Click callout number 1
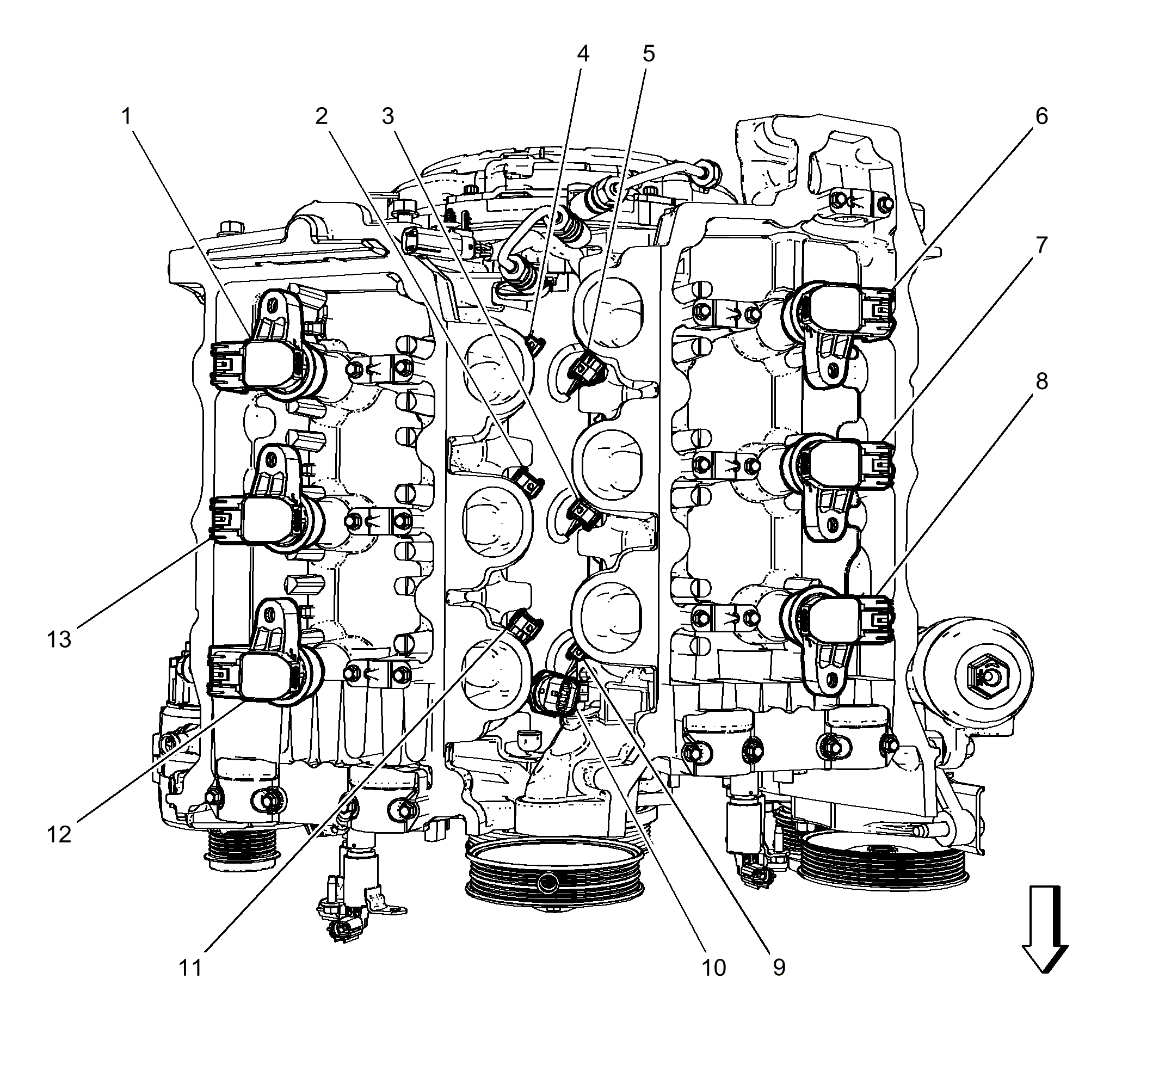126,116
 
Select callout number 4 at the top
583,53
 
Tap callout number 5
649,53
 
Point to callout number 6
1041,116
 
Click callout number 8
1041,381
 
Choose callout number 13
59,640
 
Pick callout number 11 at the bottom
190,968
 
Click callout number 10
713,968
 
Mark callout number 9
779,968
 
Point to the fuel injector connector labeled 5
587,368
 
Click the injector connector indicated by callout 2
528,480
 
